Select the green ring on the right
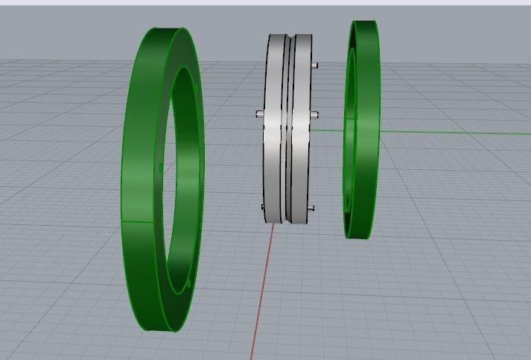click(x=363, y=127)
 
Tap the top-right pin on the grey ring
click(x=315, y=65)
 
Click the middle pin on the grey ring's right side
click(x=315, y=115)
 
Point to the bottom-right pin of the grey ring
click(x=312, y=208)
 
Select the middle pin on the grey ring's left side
click(x=259, y=114)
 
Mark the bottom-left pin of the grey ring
click(x=262, y=207)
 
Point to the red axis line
click(x=261, y=298)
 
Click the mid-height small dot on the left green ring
click(x=161, y=168)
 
